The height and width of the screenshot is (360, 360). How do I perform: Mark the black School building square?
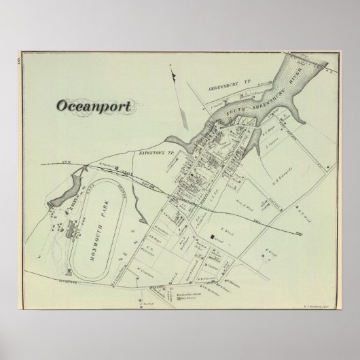pos(212,237)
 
